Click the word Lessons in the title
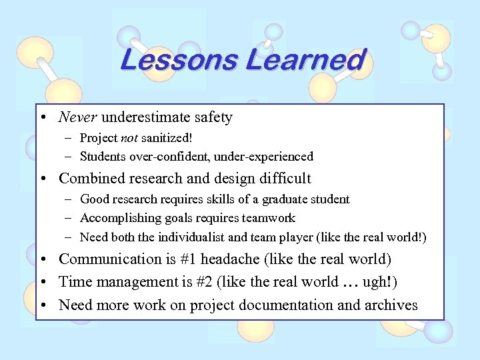coord(179,60)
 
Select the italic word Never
coord(78,117)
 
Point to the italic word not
coord(129,138)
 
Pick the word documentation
coord(269,305)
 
